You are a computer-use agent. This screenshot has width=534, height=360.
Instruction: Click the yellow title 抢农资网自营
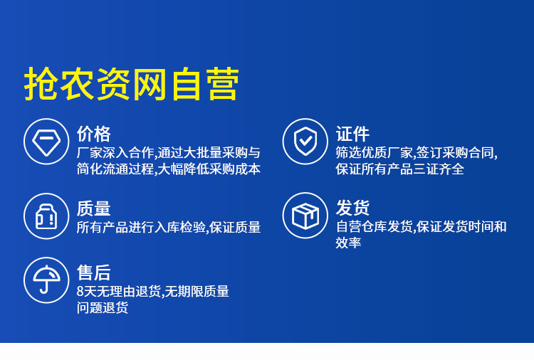[132, 84]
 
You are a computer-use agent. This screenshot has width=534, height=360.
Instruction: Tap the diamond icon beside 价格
[46, 141]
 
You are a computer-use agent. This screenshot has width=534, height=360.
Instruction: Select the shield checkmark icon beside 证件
[305, 141]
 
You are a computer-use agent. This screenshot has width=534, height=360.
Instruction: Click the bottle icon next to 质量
[46, 216]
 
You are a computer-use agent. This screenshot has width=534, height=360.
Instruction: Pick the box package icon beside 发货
[305, 216]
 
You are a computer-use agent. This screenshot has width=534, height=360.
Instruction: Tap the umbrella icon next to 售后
[46, 280]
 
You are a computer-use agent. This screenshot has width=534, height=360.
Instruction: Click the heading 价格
[94, 134]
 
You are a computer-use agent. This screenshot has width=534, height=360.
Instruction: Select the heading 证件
[352, 134]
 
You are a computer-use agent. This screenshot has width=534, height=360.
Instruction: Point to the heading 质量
[94, 208]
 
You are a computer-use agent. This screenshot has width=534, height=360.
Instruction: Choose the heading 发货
[352, 208]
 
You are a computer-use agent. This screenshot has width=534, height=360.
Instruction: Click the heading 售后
[94, 272]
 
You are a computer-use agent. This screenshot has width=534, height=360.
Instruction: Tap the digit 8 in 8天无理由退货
[80, 292]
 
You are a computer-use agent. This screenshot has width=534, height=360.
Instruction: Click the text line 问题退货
[103, 307]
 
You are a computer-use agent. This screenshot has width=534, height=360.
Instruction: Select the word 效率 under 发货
[348, 243]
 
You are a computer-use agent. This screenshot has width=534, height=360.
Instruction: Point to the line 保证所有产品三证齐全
[400, 169]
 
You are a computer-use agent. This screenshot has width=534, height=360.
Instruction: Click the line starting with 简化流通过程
[169, 169]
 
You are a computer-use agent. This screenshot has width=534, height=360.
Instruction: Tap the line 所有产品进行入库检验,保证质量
[169, 227]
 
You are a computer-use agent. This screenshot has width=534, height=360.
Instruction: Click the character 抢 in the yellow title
[40, 84]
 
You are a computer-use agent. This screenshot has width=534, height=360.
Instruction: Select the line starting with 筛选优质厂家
[417, 153]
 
